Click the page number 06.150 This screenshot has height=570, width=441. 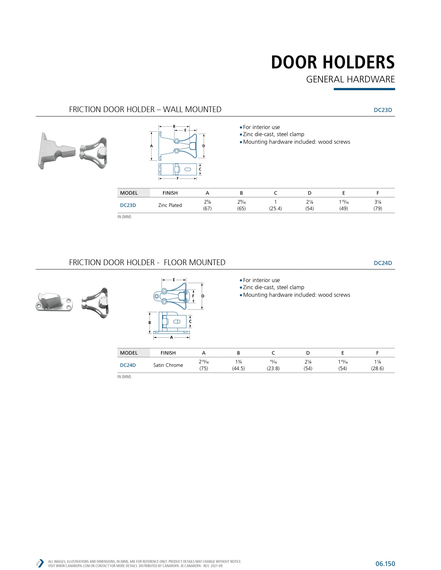coord(385,564)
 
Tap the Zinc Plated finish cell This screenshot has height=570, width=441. coord(170,205)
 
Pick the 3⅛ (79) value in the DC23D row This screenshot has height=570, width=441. coord(377,205)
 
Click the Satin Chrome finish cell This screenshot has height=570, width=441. coord(168,365)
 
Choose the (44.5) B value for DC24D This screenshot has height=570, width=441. coord(238,368)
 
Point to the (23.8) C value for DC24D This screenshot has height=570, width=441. coord(273,368)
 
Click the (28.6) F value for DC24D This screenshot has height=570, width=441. coord(377,368)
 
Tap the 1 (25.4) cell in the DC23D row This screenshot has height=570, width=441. coord(276,205)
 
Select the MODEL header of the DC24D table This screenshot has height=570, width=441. coord(129,353)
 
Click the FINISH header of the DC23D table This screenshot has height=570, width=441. coord(170,193)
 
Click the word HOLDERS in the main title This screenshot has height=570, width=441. coord(358,62)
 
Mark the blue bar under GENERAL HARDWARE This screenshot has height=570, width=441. coord(364,89)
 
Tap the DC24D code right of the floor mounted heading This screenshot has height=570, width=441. coord(383,263)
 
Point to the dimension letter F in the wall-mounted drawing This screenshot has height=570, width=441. coord(178,179)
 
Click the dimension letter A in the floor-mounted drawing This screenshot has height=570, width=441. coord(171,338)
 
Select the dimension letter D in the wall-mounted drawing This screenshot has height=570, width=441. coord(204,146)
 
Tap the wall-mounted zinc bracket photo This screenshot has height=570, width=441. coord(56,151)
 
